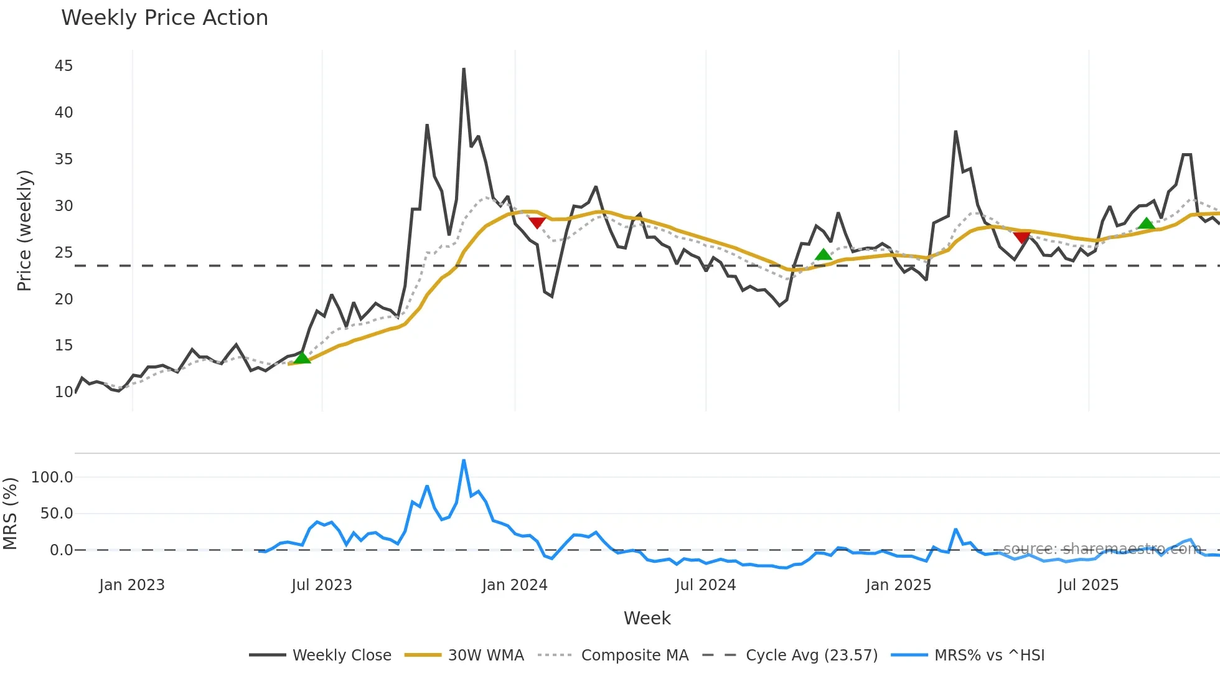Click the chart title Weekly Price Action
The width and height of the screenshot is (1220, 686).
click(164, 18)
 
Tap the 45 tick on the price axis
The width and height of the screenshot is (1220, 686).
click(63, 66)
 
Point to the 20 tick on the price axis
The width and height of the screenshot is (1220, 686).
click(63, 299)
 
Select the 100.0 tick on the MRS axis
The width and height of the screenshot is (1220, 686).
click(52, 477)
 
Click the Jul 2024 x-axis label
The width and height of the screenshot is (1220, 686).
click(705, 585)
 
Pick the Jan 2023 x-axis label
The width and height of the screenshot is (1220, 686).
click(132, 585)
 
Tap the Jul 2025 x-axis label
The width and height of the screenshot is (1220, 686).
click(1088, 585)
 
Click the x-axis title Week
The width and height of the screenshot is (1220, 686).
click(647, 618)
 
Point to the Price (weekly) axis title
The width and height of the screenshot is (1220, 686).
click(24, 230)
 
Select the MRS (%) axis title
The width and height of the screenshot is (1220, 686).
click(10, 514)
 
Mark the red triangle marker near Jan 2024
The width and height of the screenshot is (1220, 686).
click(537, 222)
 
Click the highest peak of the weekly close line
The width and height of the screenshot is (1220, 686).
click(464, 69)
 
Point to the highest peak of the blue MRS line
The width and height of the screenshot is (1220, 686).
click(464, 461)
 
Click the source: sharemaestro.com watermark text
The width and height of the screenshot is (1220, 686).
click(1102, 549)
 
